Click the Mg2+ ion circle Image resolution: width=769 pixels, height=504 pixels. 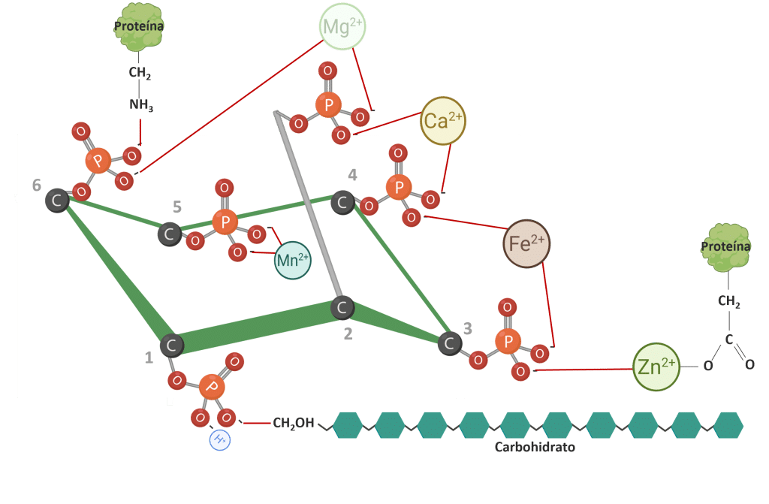coord(342,26)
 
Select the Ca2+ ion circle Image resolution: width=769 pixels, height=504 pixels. coord(444,120)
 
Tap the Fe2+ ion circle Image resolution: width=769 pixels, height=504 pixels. coord(527,243)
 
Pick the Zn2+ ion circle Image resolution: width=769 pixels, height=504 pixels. coord(656,367)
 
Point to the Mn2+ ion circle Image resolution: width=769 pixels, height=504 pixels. coord(292,260)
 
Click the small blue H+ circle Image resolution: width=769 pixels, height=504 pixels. coord(220,440)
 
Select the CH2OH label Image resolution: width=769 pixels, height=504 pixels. coord(293,424)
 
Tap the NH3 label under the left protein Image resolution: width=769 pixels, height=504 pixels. coord(141,106)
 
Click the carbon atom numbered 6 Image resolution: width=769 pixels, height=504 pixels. coord(57,201)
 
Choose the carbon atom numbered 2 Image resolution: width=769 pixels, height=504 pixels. coord(342,307)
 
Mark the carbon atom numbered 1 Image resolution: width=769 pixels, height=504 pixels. coord(172,346)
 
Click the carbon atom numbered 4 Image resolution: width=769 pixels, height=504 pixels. coord(342,202)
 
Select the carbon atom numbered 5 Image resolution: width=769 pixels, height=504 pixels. coord(170,234)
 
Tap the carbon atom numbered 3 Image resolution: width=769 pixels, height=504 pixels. coord(450,343)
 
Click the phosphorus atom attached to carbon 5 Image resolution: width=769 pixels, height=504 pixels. coord(224,222)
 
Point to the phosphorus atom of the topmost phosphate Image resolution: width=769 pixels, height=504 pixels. coord(327,104)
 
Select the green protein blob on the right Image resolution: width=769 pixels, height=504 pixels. coord(725,246)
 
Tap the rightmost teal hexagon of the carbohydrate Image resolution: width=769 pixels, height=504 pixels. coord(728,424)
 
